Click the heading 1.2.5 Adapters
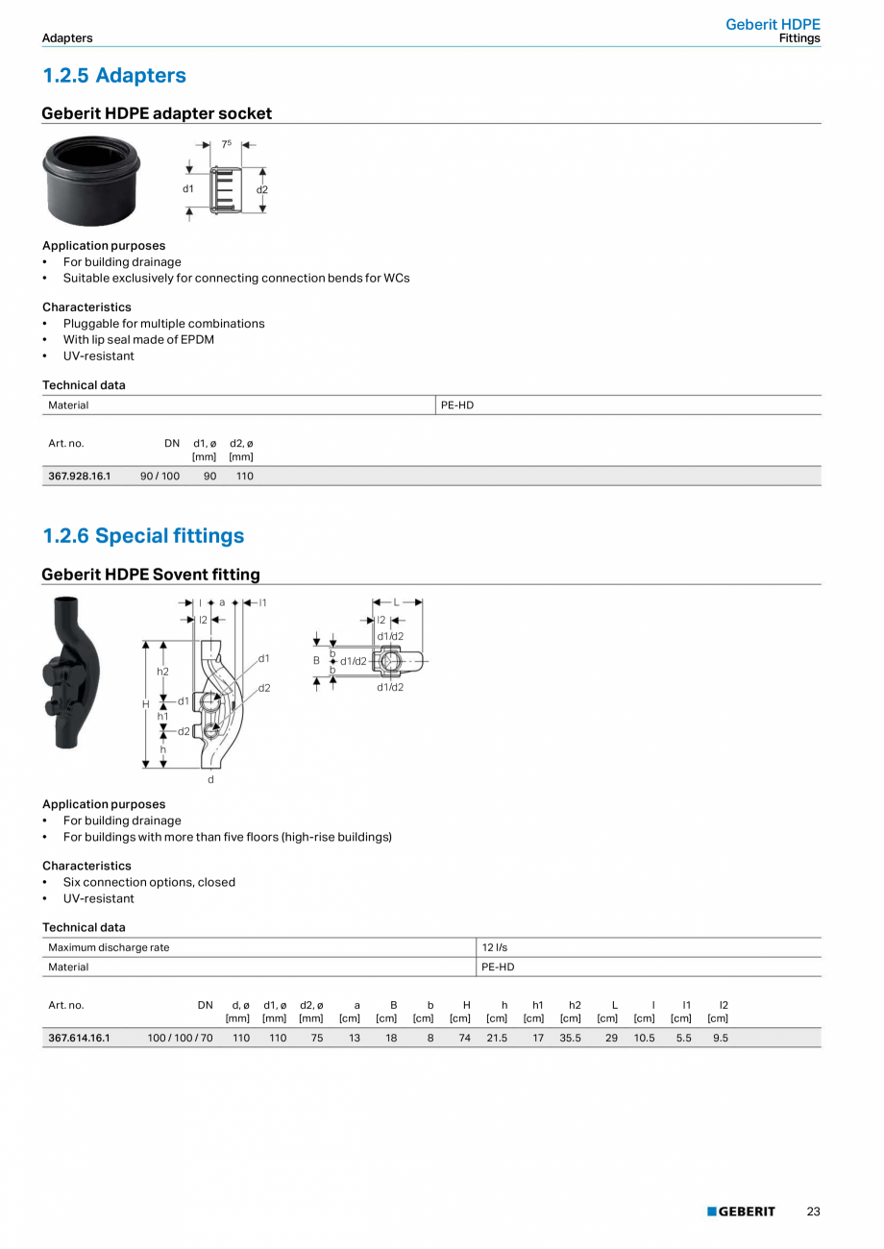[114, 76]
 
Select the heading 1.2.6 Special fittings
[143, 536]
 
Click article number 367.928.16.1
[80, 476]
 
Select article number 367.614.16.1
[80, 1038]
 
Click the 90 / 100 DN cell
[160, 476]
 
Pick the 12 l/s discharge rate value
[495, 947]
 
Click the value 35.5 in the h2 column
[571, 1038]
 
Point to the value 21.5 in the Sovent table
[497, 1038]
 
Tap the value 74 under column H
[464, 1038]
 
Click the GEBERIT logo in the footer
[741, 1212]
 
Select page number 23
[813, 1212]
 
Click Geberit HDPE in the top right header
[773, 25]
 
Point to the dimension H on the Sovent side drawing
[146, 704]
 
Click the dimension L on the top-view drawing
[397, 602]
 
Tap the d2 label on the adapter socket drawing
[262, 189]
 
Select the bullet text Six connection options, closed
[149, 882]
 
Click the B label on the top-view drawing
[316, 661]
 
